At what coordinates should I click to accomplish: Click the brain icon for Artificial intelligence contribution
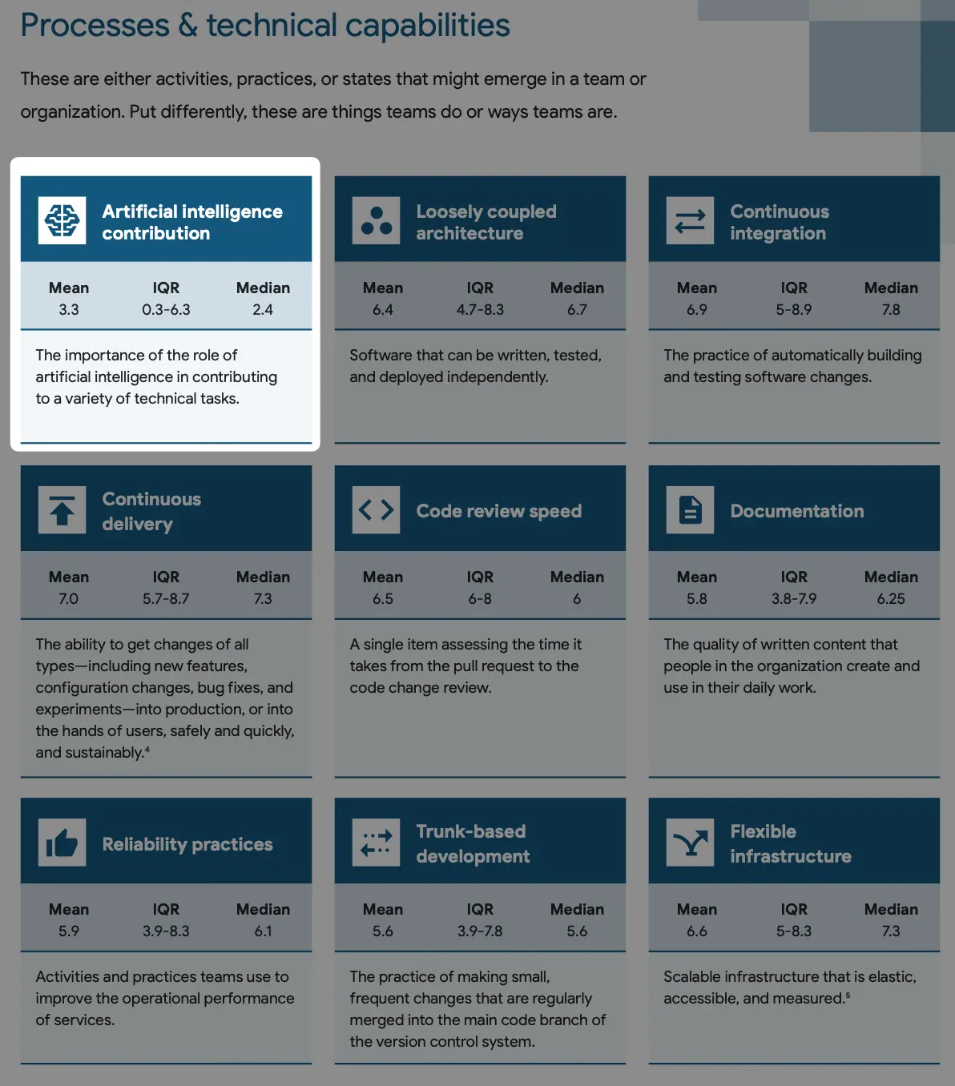62,220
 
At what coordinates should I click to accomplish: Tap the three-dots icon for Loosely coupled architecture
376,220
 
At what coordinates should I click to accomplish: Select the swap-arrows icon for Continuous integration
690,220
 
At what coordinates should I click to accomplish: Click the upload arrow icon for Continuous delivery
62,510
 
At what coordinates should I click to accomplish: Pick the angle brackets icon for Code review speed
376,510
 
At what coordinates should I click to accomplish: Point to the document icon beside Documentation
690,510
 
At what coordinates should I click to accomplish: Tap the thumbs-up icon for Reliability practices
62,843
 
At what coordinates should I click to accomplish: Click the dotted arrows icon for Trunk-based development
376,843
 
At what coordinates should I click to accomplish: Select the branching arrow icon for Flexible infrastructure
690,843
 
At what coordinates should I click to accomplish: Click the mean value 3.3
69,310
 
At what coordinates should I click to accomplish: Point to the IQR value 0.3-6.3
166,310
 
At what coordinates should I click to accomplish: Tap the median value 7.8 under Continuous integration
891,310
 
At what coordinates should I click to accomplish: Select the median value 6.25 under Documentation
891,599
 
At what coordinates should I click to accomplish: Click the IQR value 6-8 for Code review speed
480,599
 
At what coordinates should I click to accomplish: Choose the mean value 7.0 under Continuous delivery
69,599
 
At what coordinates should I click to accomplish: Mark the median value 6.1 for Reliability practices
263,931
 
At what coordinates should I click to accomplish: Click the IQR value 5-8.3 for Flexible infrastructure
794,931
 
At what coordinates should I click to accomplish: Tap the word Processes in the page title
95,26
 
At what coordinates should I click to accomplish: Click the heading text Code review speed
498,511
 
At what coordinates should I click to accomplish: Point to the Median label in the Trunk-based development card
577,909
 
